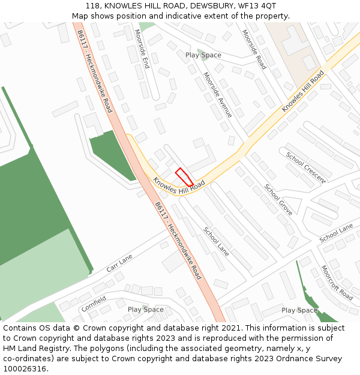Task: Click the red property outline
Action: [x=184, y=178]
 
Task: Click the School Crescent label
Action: [x=305, y=167]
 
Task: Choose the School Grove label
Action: [x=278, y=199]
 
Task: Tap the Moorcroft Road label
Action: [x=336, y=283]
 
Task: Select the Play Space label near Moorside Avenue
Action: [x=203, y=55]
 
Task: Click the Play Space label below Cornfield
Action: [x=145, y=310]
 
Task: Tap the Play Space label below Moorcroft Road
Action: [x=299, y=310]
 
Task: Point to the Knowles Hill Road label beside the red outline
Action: [x=179, y=185]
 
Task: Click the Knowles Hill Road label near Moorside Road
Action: [x=303, y=91]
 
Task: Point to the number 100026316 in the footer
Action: [x=26, y=369]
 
